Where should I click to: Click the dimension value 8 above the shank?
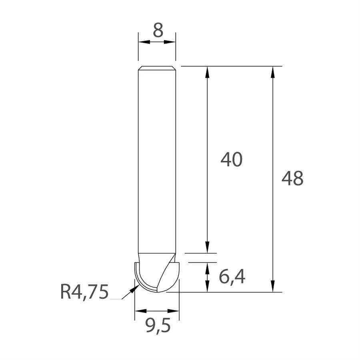(x=158, y=30)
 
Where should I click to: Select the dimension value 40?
(x=232, y=160)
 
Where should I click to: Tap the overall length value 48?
(x=292, y=178)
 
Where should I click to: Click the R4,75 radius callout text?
(x=84, y=292)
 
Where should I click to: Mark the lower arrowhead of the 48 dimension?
(x=273, y=287)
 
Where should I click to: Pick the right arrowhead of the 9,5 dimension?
(x=175, y=310)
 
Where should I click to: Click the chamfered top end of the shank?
(x=157, y=68)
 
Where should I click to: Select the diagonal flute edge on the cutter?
(x=166, y=274)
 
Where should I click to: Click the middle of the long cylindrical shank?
(x=157, y=160)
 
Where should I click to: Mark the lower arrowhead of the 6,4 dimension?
(x=207, y=287)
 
